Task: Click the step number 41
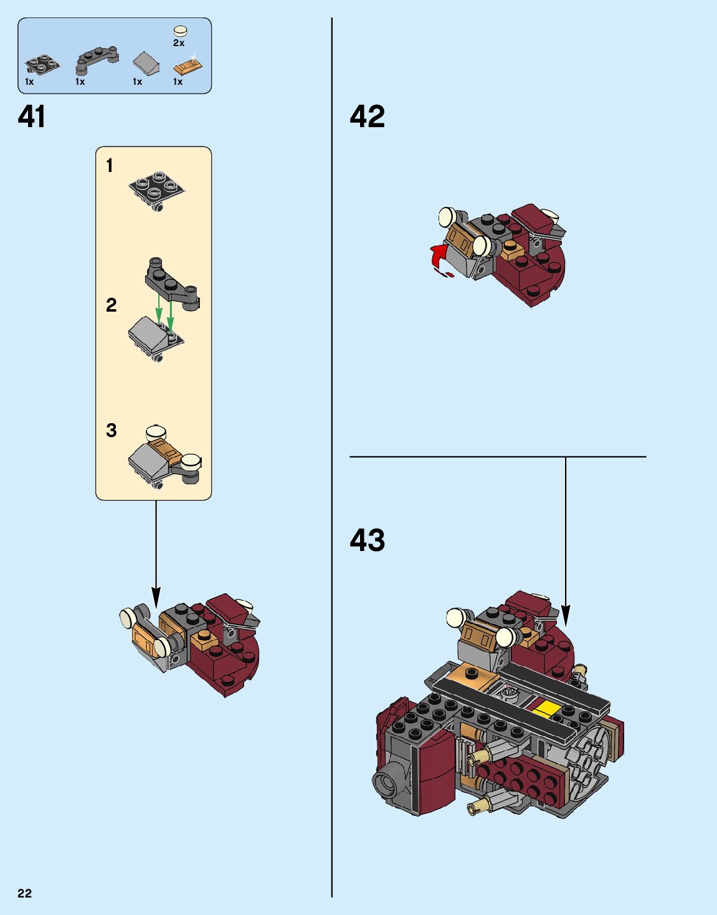click(32, 117)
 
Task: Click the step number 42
click(367, 117)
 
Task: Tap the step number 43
click(367, 540)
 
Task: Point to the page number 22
click(24, 894)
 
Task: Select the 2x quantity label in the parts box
click(178, 43)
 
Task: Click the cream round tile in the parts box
click(181, 31)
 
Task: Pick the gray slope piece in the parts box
click(146, 63)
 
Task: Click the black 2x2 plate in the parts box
click(42, 64)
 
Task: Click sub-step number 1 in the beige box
click(110, 165)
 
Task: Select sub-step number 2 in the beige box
click(111, 305)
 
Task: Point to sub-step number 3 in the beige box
click(111, 430)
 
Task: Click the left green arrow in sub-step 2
click(159, 309)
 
